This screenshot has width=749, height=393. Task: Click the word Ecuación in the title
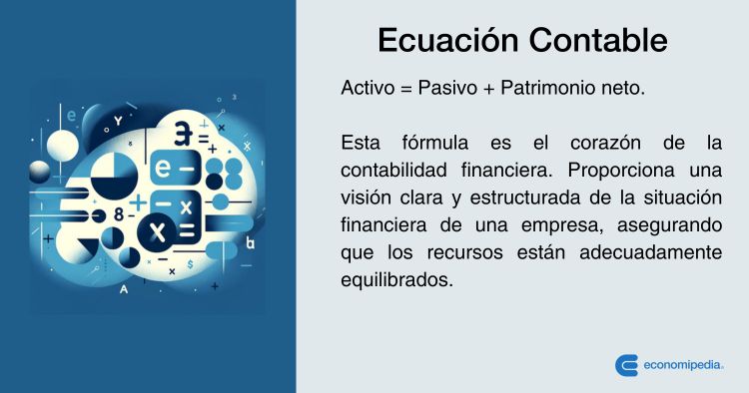coord(448,40)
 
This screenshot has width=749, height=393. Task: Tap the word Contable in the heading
coord(598,40)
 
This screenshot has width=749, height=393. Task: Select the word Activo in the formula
coord(368,88)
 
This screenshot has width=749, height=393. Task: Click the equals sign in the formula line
coord(406,89)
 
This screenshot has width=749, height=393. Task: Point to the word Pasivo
coord(447,88)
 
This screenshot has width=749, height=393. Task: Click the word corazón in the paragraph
coord(605,143)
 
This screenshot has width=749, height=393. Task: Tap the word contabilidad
coord(394,170)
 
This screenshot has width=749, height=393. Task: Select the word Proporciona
coord(621,171)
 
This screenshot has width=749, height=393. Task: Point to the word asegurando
coord(669,225)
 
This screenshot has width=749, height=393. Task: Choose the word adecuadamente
coord(650,252)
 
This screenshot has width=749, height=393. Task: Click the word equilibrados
coord(396,280)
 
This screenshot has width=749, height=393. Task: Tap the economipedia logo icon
coord(626,365)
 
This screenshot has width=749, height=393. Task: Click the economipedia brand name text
coord(683,365)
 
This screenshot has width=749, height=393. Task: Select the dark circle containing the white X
coord(157,231)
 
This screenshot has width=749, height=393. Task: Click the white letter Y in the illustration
coord(118,122)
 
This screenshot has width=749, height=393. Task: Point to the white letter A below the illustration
coord(124,289)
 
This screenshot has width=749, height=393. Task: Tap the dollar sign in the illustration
coord(190,263)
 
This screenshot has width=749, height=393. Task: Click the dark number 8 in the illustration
coord(119,215)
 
